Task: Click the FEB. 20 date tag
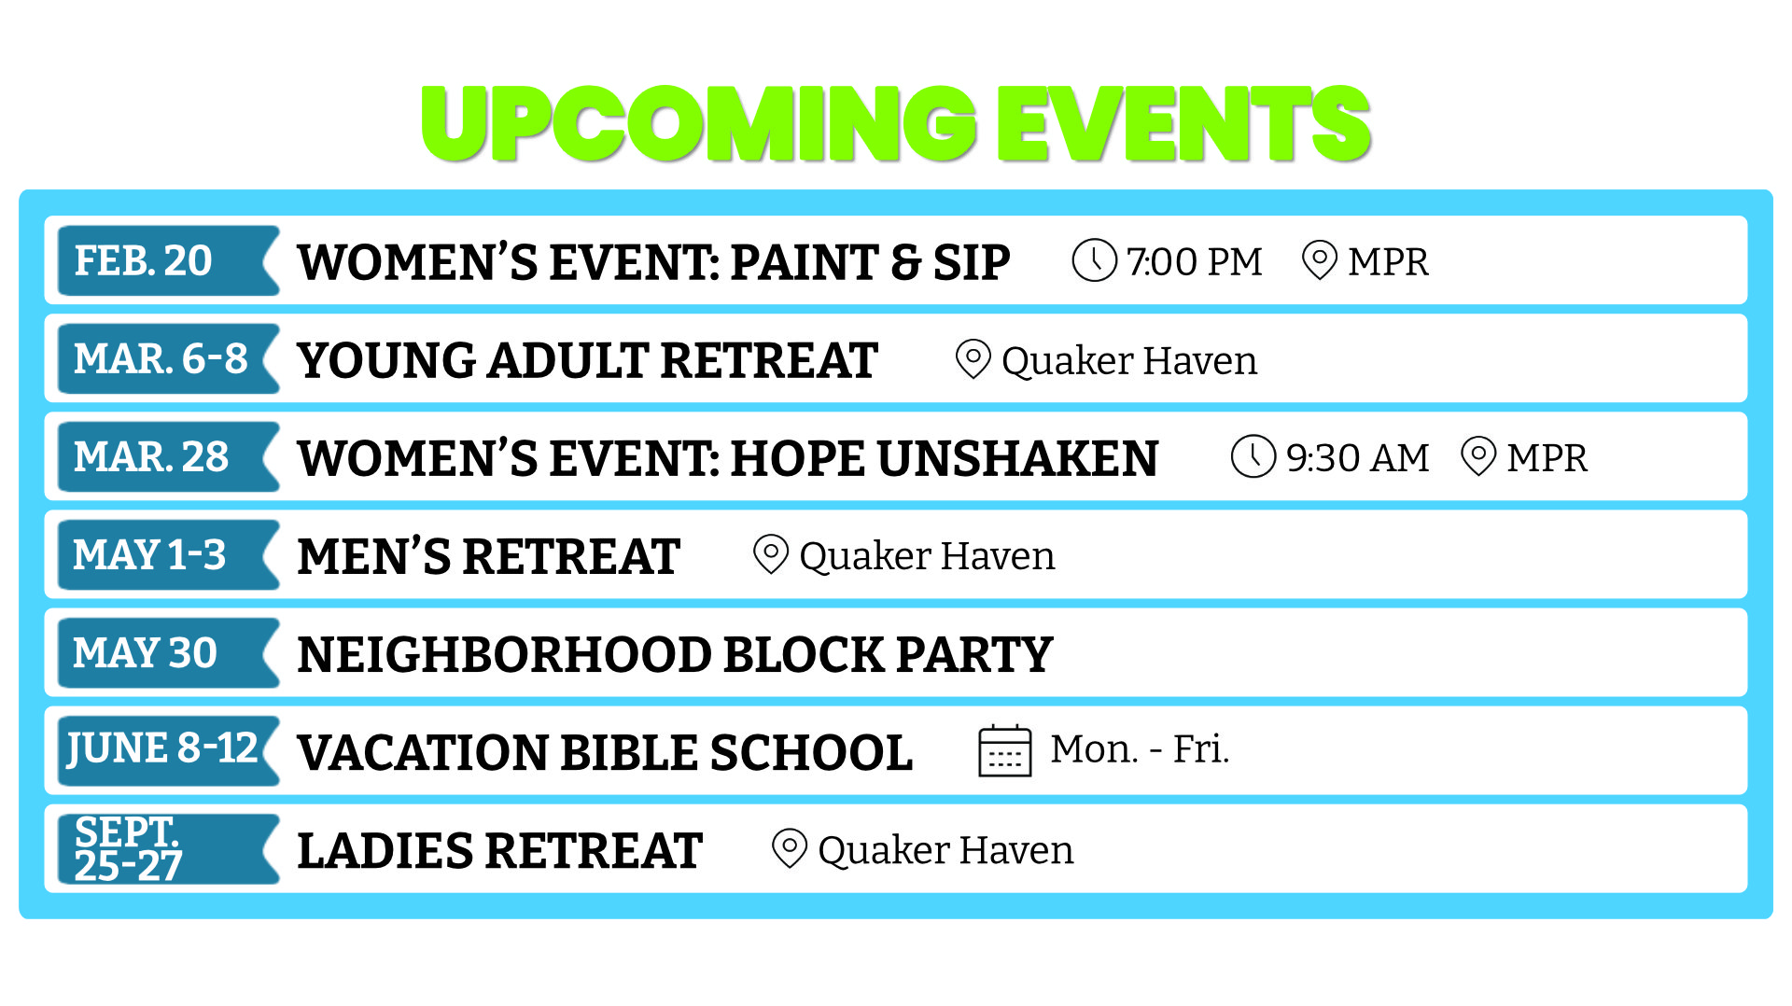(x=168, y=260)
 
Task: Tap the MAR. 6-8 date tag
(x=168, y=358)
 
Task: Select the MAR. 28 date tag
(x=168, y=456)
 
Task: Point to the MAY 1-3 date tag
(x=168, y=554)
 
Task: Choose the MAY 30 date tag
(x=168, y=652)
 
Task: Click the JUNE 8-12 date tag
(x=168, y=750)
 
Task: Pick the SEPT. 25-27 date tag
(x=168, y=848)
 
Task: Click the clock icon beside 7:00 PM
(x=1094, y=260)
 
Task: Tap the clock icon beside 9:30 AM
(x=1253, y=456)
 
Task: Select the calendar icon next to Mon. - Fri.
(x=1005, y=750)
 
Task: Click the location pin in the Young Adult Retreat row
(x=973, y=359)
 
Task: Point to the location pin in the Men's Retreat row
(x=771, y=555)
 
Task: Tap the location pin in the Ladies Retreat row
(x=790, y=849)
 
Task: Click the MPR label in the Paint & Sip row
(x=1389, y=262)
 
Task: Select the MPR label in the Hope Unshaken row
(x=1547, y=458)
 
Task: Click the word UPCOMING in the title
(x=699, y=123)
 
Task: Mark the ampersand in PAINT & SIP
(x=905, y=262)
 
